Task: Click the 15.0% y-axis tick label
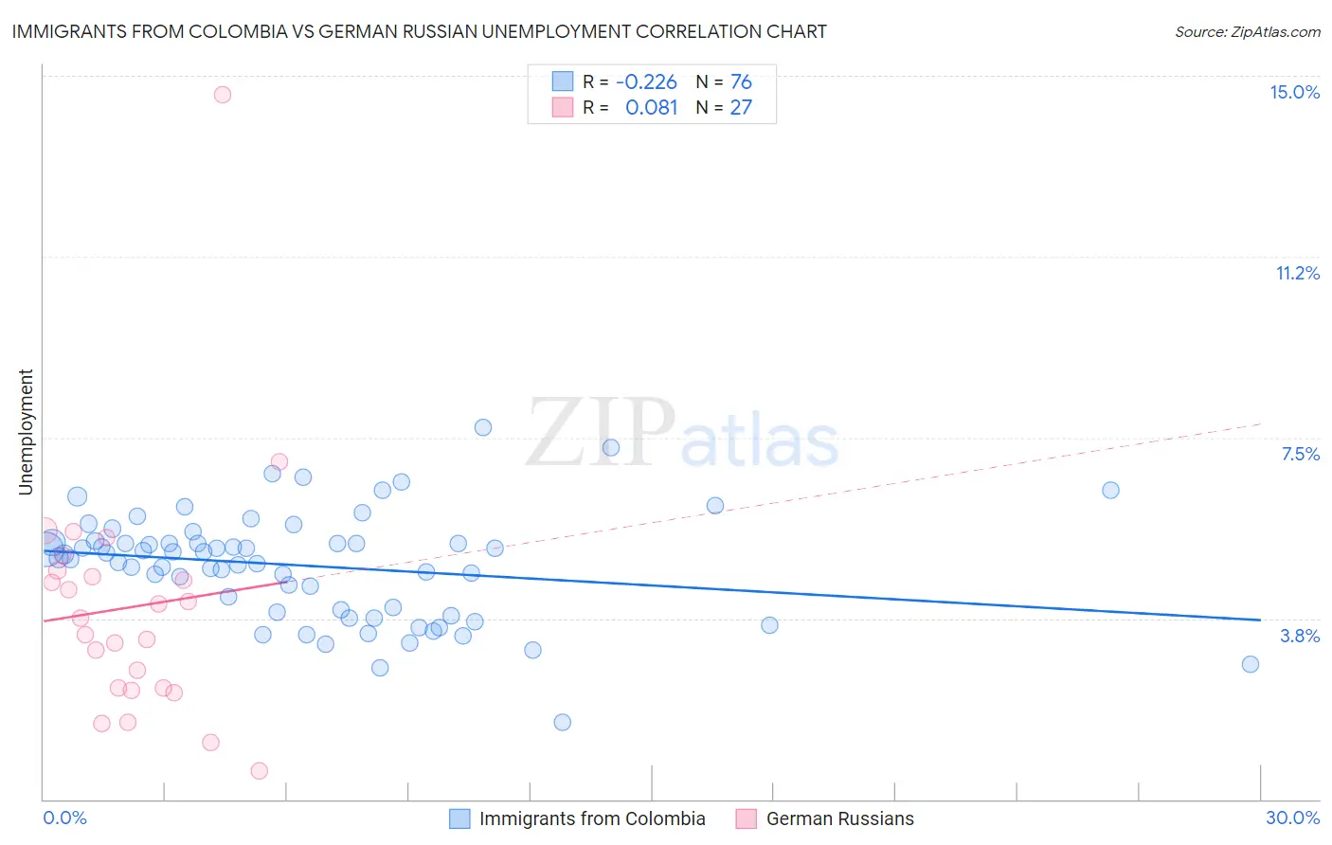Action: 1294,92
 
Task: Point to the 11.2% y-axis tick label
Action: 1297,273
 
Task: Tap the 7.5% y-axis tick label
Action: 1300,454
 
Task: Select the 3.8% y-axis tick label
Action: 1300,636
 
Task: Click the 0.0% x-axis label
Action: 64,818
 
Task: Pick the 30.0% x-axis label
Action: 1292,818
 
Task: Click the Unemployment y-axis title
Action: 26,432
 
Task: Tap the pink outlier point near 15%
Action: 223,94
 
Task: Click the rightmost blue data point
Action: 1251,664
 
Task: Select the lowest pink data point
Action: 260,771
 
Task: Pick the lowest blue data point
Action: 562,722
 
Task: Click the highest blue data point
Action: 483,427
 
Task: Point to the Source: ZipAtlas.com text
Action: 1247,31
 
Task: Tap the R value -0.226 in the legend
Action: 646,82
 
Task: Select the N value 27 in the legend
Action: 741,108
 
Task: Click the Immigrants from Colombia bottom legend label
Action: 592,818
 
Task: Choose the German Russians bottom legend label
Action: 839,818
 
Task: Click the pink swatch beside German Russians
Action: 747,818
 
